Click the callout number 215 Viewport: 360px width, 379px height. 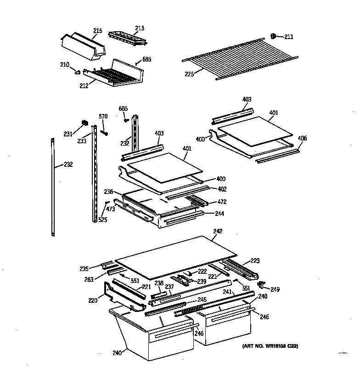[98, 31]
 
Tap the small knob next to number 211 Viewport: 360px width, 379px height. [274, 36]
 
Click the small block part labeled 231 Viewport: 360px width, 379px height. [84, 122]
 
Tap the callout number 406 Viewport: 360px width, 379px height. [302, 138]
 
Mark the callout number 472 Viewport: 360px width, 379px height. [222, 202]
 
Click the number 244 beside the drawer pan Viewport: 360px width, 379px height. [220, 213]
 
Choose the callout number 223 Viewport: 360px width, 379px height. [255, 260]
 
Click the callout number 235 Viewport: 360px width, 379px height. [84, 269]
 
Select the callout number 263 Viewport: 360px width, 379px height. [89, 279]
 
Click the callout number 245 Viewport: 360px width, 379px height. [202, 300]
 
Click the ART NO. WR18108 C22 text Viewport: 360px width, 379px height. [270, 346]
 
